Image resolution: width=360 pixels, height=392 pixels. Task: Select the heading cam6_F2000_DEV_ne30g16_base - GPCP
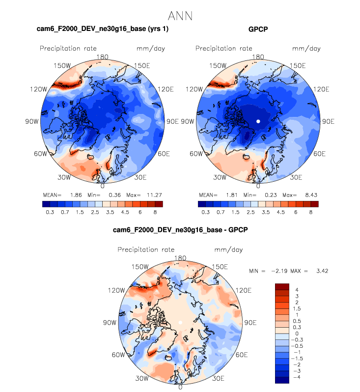tap(180, 230)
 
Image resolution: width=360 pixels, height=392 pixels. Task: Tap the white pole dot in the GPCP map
tap(258, 121)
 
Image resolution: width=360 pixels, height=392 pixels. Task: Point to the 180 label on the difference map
tap(180, 258)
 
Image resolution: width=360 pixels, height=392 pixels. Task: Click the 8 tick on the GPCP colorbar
tap(310, 212)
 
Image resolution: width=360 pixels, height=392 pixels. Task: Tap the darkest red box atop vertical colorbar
tap(281, 286)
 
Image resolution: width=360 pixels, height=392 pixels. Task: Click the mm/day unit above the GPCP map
tap(306, 48)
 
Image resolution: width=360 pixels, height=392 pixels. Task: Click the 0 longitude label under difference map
tap(180, 387)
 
